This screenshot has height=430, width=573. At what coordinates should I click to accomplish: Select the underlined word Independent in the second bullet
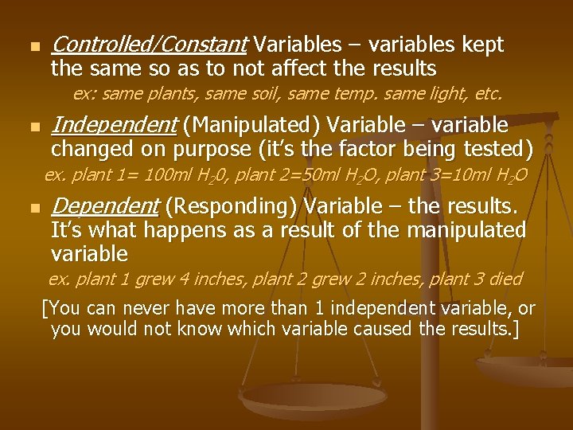113,125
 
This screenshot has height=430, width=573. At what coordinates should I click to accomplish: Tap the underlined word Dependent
105,207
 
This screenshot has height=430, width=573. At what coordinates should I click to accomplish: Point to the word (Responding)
231,207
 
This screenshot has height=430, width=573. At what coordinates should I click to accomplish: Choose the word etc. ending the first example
486,94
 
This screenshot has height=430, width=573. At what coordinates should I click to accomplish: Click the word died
505,279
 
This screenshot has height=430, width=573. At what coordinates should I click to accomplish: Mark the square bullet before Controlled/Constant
32,46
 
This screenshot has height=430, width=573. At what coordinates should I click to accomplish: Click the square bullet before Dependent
32,209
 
